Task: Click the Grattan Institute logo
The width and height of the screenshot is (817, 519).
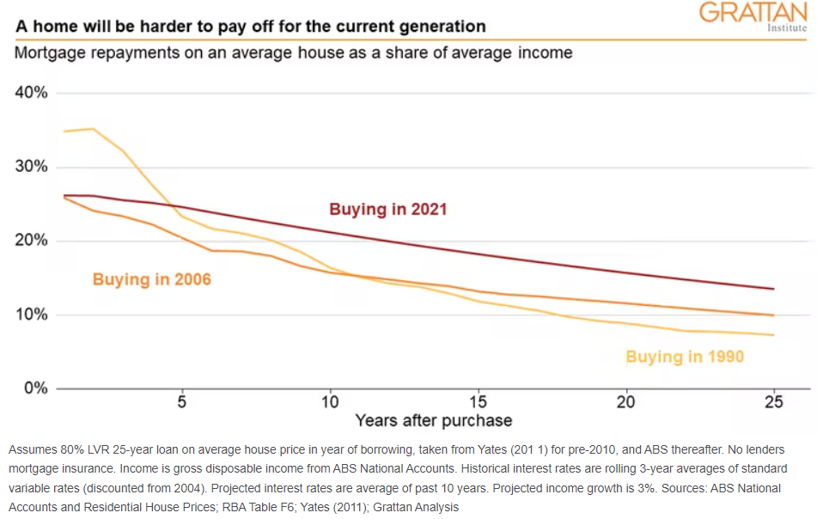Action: (x=753, y=15)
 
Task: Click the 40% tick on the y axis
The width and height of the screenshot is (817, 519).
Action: (x=30, y=93)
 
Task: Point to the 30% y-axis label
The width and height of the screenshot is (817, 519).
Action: (x=30, y=167)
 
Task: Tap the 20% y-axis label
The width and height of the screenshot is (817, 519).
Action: (x=30, y=241)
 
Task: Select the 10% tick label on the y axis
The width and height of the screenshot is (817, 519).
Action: (x=30, y=314)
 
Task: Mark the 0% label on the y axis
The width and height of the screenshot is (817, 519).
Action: (x=34, y=388)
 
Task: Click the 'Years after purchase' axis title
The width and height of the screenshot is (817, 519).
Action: (x=434, y=421)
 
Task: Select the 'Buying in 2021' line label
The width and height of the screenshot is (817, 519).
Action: (x=388, y=209)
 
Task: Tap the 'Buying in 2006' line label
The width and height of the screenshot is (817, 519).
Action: (x=152, y=279)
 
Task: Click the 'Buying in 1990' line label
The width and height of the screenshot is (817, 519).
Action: (x=685, y=357)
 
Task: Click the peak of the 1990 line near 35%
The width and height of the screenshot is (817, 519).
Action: (x=93, y=129)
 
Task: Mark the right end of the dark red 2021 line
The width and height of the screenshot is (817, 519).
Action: (x=774, y=289)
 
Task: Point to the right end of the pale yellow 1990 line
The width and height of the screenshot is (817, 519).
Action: (x=774, y=335)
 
